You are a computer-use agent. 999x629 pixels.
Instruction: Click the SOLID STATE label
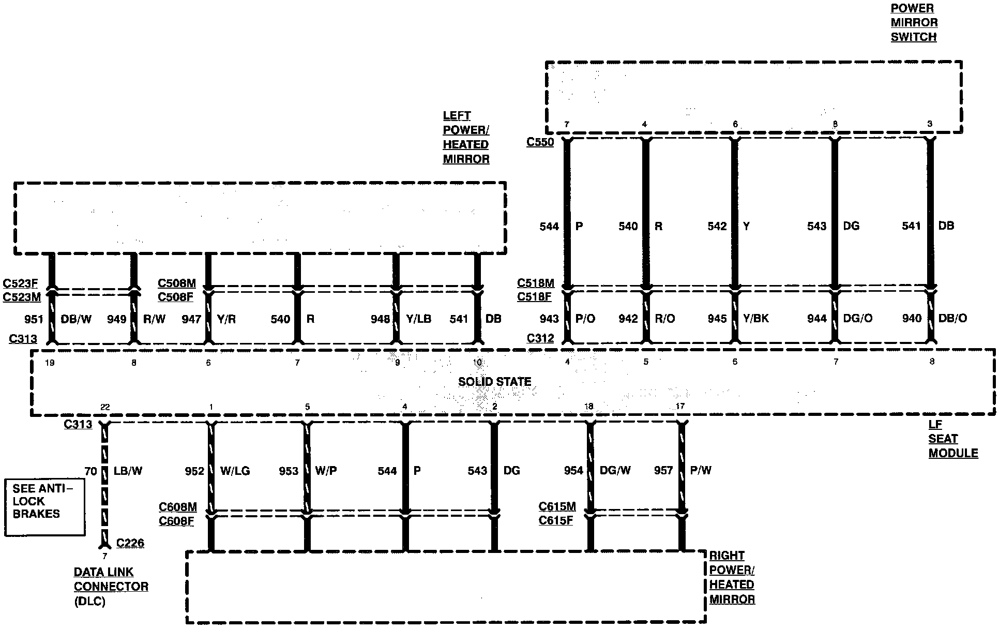(x=494, y=382)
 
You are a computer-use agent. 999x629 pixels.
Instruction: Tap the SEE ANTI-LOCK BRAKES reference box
(x=44, y=507)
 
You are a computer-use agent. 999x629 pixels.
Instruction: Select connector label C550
(x=540, y=142)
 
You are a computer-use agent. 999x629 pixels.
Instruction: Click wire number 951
(x=34, y=319)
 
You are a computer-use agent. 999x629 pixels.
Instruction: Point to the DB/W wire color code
(x=76, y=319)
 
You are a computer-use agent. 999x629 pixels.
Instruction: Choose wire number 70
(x=90, y=471)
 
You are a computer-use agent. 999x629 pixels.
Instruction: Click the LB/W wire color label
(x=127, y=471)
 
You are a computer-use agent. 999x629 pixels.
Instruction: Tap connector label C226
(x=130, y=543)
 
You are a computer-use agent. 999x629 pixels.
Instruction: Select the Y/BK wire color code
(x=755, y=318)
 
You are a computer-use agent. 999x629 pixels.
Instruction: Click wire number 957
(x=663, y=470)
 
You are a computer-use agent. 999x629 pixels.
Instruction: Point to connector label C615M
(x=557, y=506)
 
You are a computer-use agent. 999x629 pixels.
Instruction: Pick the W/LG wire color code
(x=235, y=471)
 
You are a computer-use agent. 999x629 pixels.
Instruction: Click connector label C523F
(x=20, y=283)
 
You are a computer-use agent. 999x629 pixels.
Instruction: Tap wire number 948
(x=380, y=319)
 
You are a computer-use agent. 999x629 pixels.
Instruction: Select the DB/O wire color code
(x=952, y=318)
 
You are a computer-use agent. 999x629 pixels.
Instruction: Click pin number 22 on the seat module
(x=105, y=407)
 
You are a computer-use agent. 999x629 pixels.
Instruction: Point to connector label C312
(x=540, y=338)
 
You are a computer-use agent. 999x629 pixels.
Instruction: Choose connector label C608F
(x=176, y=520)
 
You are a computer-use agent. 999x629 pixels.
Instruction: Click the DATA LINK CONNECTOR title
(x=111, y=579)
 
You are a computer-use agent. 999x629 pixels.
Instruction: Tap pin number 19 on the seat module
(x=50, y=363)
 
